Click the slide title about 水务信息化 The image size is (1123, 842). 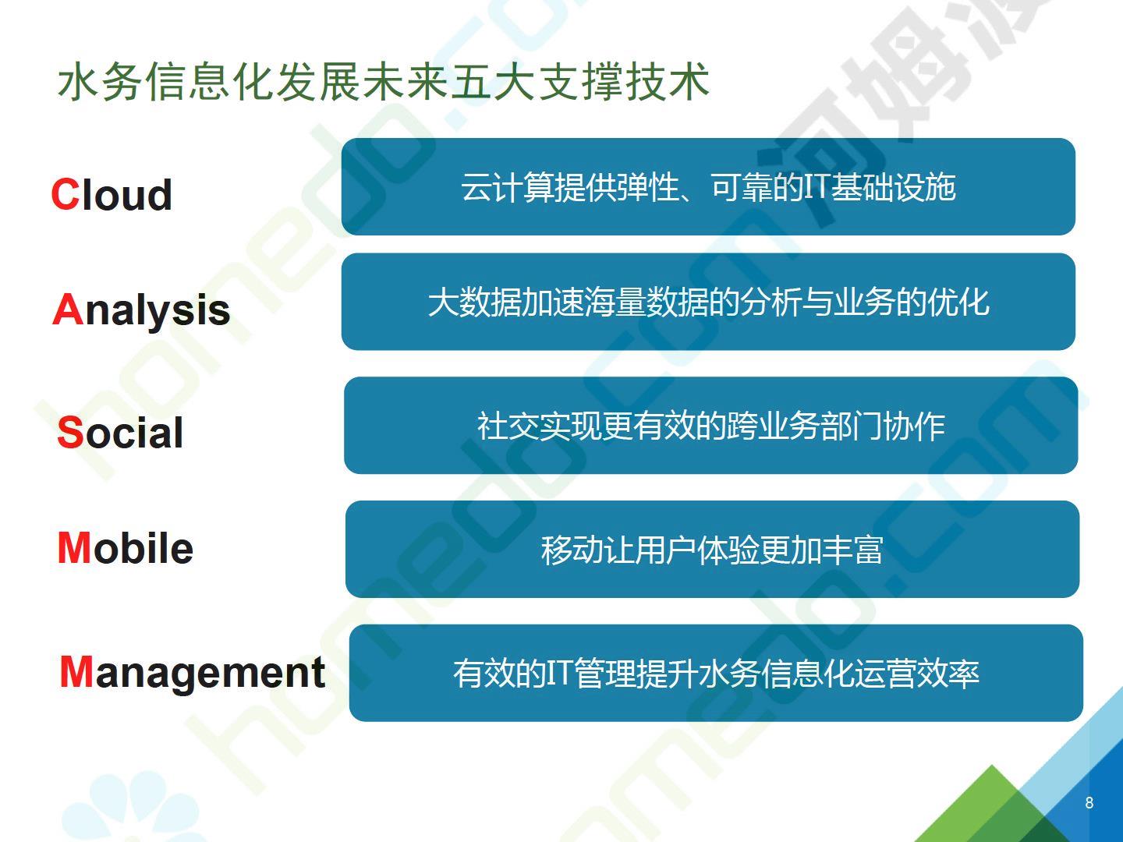pos(384,82)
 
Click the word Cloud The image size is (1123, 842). pos(112,194)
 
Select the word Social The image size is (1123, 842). pos(120,433)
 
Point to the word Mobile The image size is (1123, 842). pos(126,548)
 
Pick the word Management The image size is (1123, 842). pos(193,674)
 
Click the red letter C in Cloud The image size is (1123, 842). pos(65,194)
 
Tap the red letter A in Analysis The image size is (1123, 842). pos(68,309)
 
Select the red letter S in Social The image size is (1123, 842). pos(70,433)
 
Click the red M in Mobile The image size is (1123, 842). pos(74,547)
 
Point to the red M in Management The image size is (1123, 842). pos(76,671)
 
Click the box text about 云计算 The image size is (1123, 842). pos(708,187)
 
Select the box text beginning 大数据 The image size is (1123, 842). pos(709,302)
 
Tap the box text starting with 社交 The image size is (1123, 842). pos(710,426)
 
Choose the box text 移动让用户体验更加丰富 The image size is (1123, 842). pos(712,550)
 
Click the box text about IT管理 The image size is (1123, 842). pos(716,674)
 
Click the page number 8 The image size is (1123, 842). pos(1089,803)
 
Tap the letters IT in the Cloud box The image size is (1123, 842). pos(817,186)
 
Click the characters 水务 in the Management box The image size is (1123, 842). pos(728,674)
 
